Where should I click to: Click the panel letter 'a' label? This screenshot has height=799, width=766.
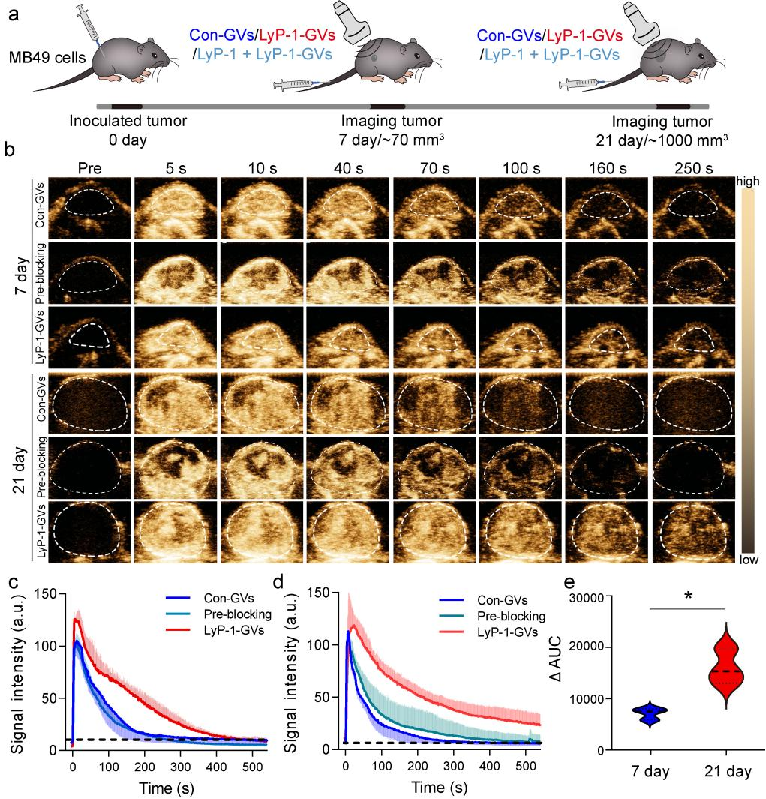pos(13,14)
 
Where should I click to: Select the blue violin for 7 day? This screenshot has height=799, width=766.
pos(651,714)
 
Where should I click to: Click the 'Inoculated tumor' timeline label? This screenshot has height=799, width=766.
pos(128,122)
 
